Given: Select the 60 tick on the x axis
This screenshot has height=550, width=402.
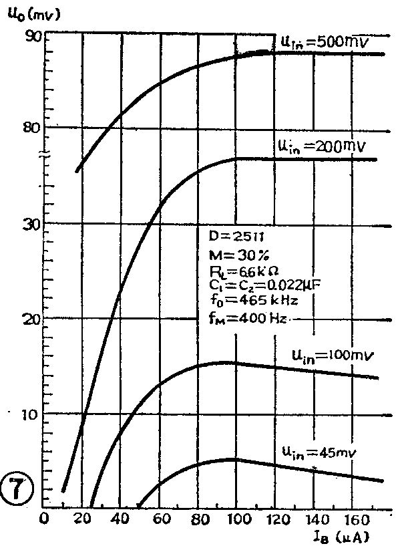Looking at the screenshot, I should [x=160, y=519].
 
